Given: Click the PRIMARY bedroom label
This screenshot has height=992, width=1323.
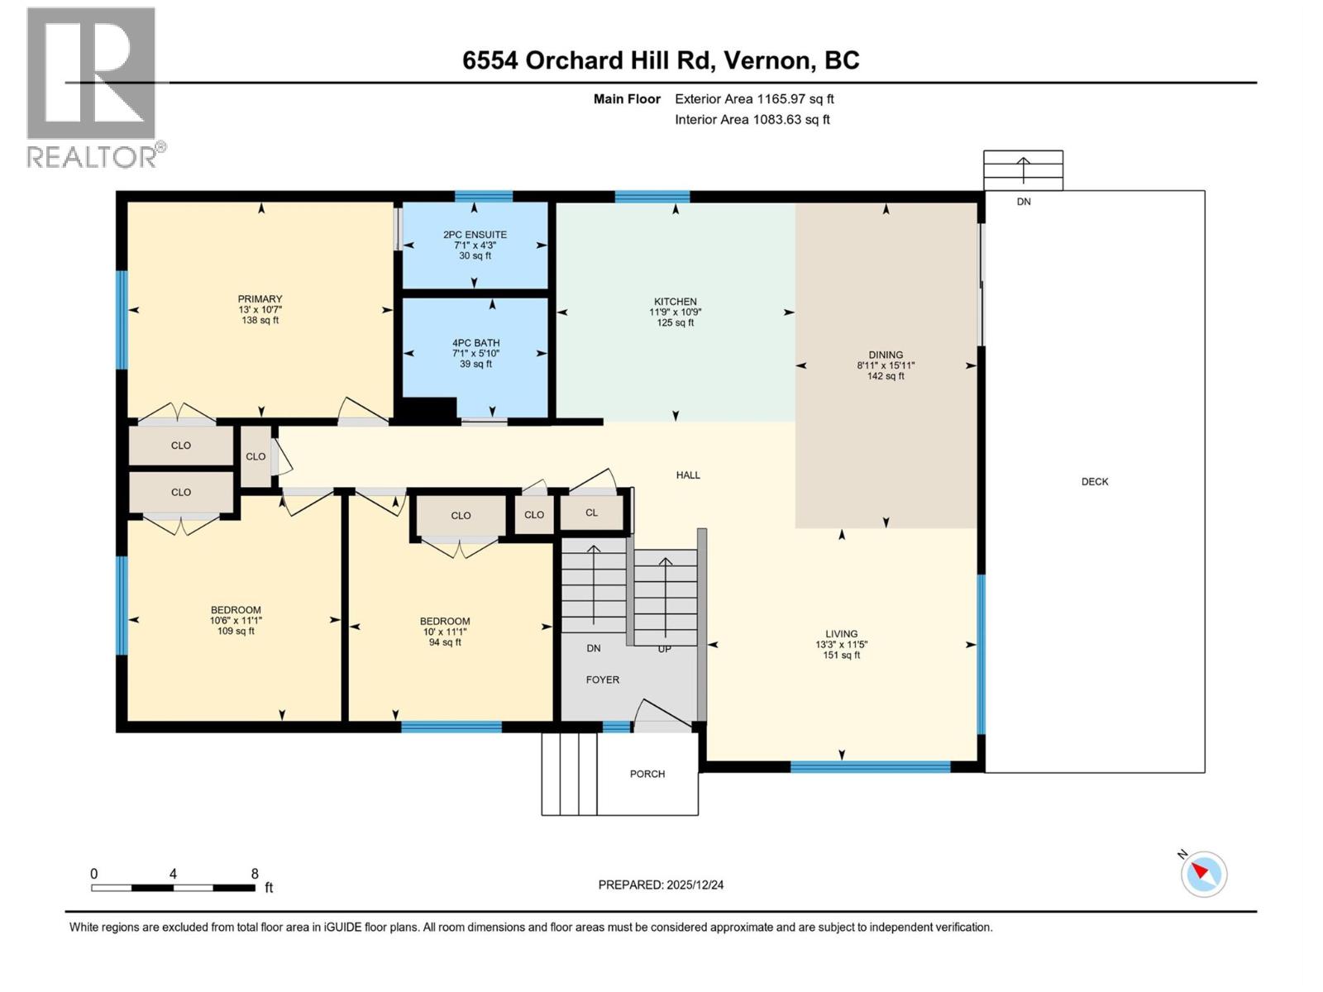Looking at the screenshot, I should (x=260, y=299).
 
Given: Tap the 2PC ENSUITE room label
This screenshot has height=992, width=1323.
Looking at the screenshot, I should (x=475, y=235).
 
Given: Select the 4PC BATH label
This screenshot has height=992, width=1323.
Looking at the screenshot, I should (x=475, y=343).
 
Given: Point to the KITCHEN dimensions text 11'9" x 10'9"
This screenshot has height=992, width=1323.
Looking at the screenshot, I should (x=675, y=312).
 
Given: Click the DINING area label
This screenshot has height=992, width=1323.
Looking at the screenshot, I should (x=886, y=355).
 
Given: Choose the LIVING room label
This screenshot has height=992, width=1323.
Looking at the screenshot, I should (x=841, y=634).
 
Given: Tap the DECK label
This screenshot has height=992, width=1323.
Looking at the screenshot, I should (x=1094, y=482).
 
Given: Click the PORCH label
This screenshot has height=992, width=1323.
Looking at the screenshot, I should (x=647, y=775).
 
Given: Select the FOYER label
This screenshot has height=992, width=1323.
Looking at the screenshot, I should (x=602, y=680).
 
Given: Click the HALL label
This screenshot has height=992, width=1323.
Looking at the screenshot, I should (x=687, y=475).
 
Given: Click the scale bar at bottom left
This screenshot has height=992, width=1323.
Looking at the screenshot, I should (x=173, y=888).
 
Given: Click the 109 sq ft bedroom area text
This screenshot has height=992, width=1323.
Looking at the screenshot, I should (x=236, y=632).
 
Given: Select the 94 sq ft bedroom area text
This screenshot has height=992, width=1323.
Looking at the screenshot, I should (x=445, y=642).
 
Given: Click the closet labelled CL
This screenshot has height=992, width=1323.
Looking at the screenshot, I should (x=591, y=513).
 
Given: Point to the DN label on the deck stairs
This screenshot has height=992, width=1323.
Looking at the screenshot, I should (x=1024, y=202).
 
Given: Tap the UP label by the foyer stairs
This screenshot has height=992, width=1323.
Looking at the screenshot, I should (x=664, y=650).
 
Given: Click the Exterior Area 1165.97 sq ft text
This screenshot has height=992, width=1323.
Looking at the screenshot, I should (x=753, y=99).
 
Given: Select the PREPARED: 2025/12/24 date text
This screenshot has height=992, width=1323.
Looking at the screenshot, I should (x=661, y=885).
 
